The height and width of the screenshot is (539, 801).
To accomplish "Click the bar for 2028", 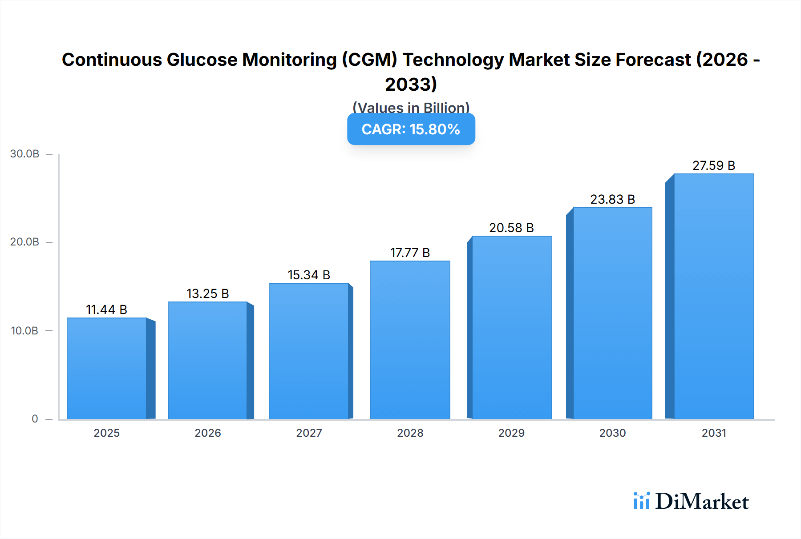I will click(410, 340).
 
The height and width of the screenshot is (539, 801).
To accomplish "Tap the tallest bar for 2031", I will click(713, 296).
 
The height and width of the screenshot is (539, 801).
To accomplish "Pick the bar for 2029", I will click(511, 327).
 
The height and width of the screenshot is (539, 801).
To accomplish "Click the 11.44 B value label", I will click(106, 310).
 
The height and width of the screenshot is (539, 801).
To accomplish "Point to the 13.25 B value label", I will click(207, 294).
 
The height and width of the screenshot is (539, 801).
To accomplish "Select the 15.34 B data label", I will click(309, 275).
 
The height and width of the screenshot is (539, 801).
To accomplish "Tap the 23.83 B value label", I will click(612, 199).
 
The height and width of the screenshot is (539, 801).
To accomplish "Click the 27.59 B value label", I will click(713, 165).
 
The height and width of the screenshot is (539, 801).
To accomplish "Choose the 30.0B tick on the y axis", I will click(25, 154).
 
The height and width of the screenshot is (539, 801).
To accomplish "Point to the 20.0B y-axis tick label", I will click(25, 242).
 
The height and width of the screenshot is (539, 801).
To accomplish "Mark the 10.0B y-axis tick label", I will click(25, 330).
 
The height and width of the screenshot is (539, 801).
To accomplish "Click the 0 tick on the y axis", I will click(35, 418).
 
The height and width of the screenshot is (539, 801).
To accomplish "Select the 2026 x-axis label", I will click(208, 433).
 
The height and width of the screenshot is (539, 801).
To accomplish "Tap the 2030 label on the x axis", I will click(612, 433).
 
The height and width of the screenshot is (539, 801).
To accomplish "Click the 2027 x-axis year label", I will click(309, 433).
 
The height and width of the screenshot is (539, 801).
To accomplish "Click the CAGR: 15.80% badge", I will click(411, 129).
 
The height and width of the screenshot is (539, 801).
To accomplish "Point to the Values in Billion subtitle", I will click(411, 107).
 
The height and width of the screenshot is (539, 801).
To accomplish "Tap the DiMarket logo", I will click(691, 501).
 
